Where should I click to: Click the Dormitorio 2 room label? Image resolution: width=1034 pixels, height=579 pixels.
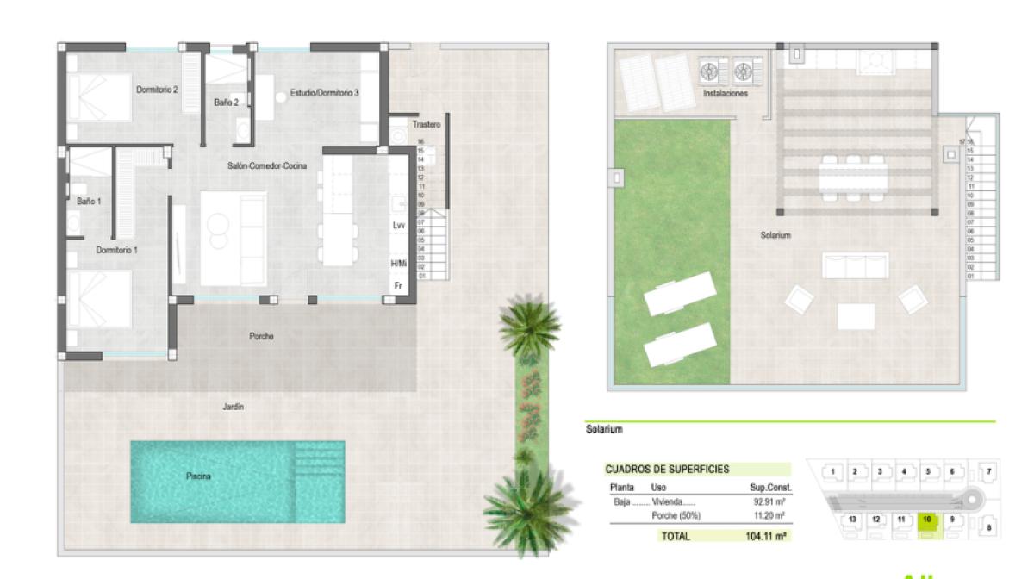tap(157, 89)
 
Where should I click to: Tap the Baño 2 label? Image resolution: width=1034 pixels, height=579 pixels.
tap(227, 103)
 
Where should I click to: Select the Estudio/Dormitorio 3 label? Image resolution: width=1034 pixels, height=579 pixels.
tap(324, 92)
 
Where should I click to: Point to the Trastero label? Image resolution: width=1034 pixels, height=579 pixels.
tap(426, 125)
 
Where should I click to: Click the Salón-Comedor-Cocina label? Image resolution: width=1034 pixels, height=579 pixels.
tap(268, 165)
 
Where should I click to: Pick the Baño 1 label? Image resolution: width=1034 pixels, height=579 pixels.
tap(89, 201)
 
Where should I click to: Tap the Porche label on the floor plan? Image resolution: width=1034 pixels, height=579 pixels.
tap(261, 337)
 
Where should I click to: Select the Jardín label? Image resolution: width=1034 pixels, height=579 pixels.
tap(233, 407)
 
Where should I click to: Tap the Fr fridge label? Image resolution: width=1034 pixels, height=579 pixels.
tap(398, 285)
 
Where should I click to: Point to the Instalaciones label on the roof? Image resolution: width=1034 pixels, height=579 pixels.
tap(726, 94)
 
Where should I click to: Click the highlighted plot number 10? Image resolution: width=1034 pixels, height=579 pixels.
tap(927, 520)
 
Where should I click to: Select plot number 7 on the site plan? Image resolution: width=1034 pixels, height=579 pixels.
tap(989, 471)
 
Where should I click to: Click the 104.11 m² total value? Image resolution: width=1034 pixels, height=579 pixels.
tap(767, 536)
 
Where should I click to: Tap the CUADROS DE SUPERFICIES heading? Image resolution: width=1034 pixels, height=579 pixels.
tap(667, 470)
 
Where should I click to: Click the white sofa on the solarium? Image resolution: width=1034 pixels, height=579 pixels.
tap(856, 265)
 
